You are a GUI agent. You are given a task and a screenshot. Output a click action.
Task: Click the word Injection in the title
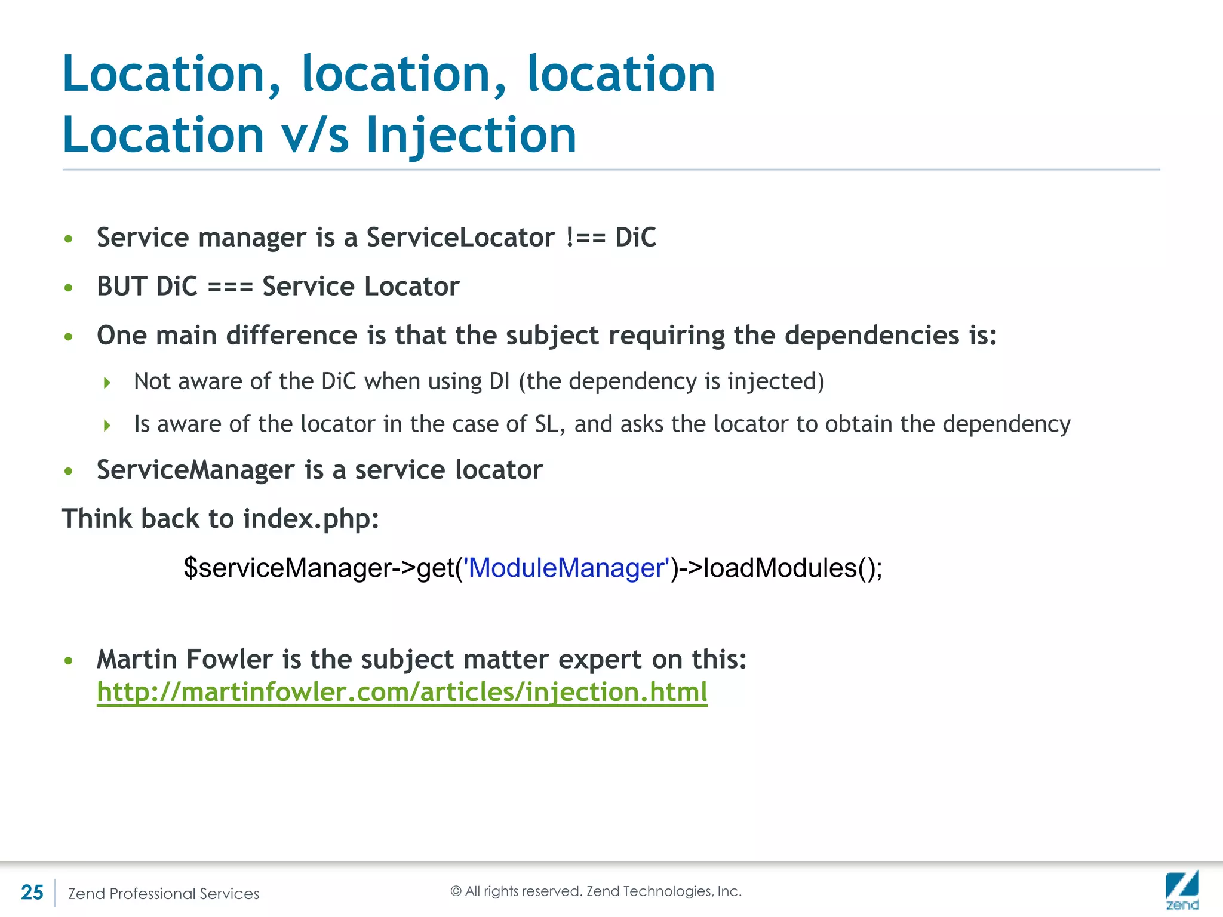(471, 136)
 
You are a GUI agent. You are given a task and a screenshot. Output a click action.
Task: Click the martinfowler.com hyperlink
(402, 692)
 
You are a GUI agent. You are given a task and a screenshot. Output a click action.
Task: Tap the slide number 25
(32, 893)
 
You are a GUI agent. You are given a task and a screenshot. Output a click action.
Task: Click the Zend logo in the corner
(1182, 890)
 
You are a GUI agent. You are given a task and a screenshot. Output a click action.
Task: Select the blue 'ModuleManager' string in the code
(567, 568)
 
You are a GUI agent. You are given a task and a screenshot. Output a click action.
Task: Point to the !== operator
(585, 238)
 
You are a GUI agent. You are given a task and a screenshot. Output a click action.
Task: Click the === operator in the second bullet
(230, 287)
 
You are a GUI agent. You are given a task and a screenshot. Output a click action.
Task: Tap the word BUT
(122, 287)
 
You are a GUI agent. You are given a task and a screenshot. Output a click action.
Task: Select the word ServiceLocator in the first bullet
(460, 238)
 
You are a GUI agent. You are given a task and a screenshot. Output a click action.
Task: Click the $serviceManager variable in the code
(287, 568)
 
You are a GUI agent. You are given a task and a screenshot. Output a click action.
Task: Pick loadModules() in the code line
(789, 568)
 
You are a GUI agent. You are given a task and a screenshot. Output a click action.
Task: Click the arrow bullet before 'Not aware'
(107, 383)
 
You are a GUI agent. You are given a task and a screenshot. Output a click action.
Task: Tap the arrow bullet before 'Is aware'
(107, 426)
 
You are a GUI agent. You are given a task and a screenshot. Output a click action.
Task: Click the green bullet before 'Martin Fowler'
(69, 661)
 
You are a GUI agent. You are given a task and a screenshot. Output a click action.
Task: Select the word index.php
(311, 519)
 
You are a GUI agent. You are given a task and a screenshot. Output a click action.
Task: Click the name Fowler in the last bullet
(229, 660)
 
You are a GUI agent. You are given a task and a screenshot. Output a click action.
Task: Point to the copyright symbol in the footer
(456, 891)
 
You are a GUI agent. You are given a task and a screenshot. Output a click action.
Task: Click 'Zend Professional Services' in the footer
(164, 894)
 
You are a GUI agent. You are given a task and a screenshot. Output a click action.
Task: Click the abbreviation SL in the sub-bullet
(549, 424)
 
